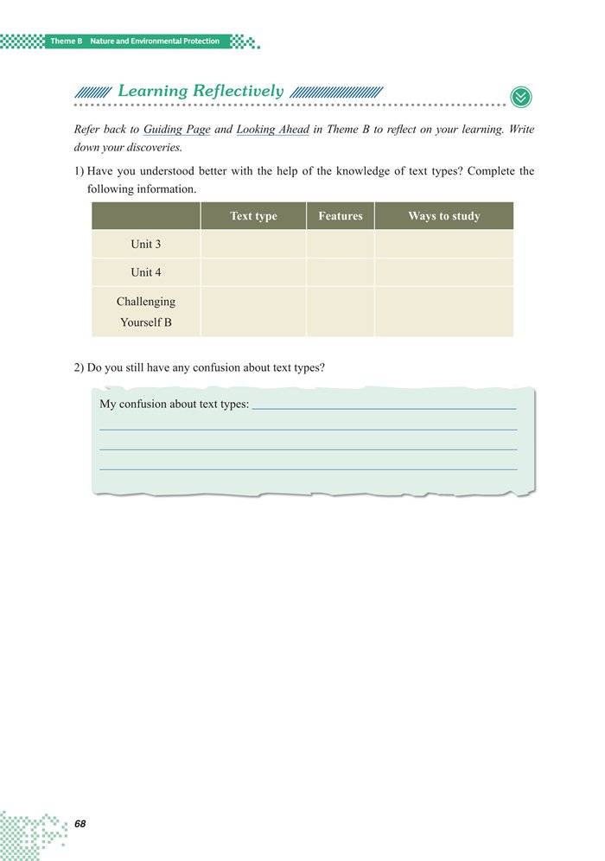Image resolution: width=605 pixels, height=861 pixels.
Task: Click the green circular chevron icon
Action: tap(521, 97)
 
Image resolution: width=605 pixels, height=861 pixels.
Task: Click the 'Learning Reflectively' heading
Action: tap(200, 91)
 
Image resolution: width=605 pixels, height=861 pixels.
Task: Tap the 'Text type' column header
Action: tap(253, 216)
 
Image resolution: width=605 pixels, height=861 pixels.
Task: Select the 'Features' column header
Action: tap(340, 216)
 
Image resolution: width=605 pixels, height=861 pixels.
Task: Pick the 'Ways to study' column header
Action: tap(443, 216)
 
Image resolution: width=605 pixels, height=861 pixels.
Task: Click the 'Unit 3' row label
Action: tap(145, 245)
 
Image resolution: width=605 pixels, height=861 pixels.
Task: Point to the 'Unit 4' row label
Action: tap(145, 272)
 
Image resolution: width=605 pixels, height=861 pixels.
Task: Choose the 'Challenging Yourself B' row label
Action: tap(145, 312)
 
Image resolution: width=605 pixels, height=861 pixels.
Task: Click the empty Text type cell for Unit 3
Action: tap(253, 245)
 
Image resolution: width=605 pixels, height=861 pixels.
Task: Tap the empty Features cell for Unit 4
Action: tap(340, 272)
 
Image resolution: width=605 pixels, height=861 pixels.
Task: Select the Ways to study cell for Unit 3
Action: tap(443, 245)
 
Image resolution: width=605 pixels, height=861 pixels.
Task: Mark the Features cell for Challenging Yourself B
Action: tap(340, 312)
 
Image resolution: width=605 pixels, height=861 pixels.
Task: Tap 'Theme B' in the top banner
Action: tap(66, 41)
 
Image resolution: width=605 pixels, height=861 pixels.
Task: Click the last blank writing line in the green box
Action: tap(309, 469)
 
